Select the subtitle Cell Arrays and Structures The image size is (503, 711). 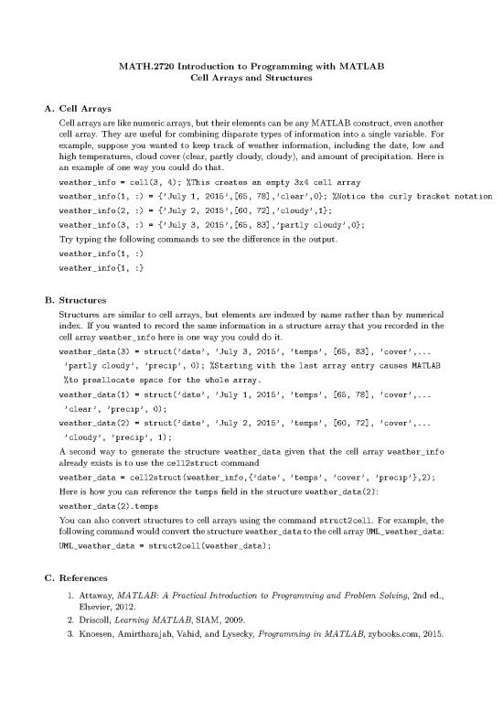[x=251, y=79]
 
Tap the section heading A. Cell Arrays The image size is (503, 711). [x=76, y=108]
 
